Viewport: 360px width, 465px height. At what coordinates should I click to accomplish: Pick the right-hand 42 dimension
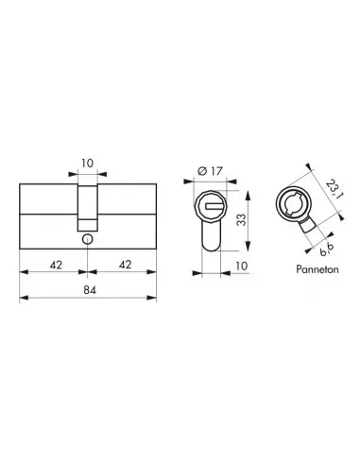point(122,264)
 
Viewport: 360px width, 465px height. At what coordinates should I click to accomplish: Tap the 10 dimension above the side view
point(88,164)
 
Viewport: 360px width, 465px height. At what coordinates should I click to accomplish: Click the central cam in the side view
point(88,205)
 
